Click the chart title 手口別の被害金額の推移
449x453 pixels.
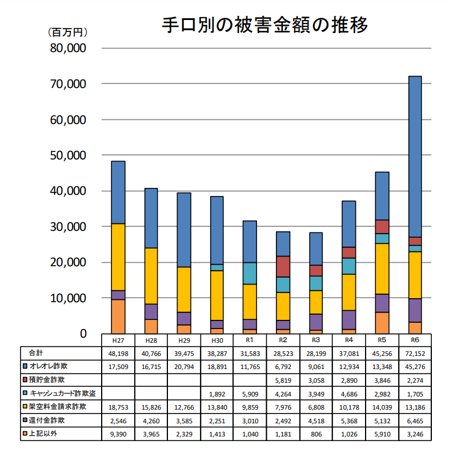pos(264,25)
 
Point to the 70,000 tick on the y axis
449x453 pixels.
pos(68,84)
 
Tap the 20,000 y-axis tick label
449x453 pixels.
pos(68,262)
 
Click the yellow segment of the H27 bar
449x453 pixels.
pos(118,256)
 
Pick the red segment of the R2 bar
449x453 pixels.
pos(283,266)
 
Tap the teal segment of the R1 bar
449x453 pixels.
pos(250,273)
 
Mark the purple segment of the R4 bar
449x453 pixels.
pos(349,319)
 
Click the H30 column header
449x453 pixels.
pos(217,340)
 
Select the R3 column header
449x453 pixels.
pos(316,340)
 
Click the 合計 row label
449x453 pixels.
pos(36,353)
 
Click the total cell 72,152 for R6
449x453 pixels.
pos(415,353)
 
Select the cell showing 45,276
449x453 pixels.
pos(415,366)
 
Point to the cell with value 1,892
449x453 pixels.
pos(217,393)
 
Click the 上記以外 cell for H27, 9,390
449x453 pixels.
pos(118,434)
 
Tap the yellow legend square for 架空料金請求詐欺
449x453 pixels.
pos(25,407)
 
